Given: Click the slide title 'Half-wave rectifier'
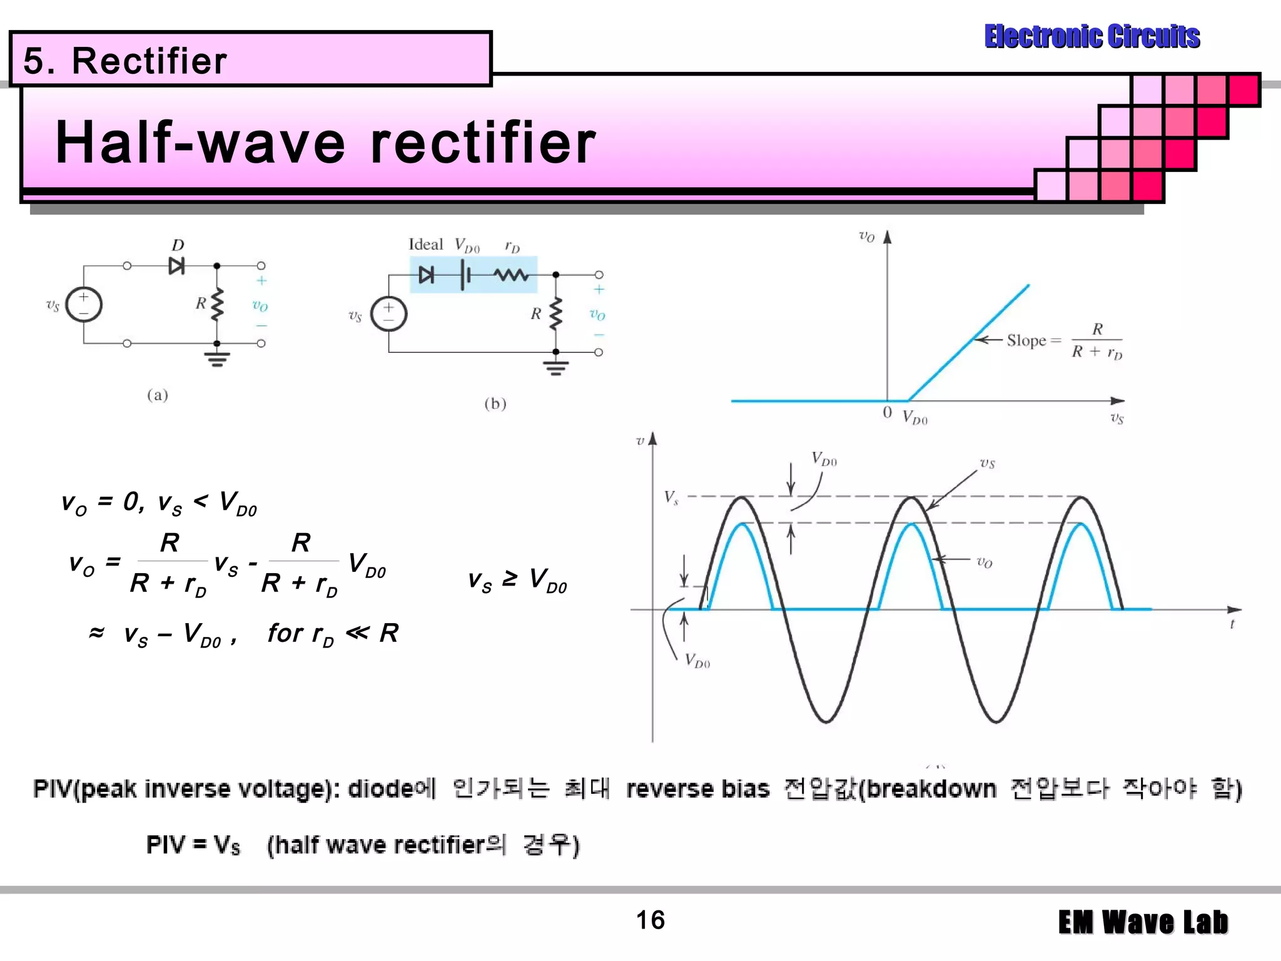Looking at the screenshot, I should (325, 143).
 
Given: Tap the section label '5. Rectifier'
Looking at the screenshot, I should (125, 61).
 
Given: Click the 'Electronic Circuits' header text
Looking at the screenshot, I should (1091, 36).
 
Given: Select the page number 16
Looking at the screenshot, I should (650, 920).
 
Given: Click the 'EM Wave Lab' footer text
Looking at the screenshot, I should (1143, 922).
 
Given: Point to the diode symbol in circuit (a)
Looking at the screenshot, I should (176, 266).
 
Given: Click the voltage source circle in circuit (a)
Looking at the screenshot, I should (84, 305).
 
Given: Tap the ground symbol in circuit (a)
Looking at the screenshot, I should (217, 358).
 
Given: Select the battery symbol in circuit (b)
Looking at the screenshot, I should (465, 275).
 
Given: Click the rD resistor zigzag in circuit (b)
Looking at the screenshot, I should (512, 275).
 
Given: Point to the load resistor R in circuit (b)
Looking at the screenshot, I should (555, 313).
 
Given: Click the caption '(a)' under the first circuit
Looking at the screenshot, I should (158, 395).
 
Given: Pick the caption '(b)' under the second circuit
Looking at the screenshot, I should (495, 404).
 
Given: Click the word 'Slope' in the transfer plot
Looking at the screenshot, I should (1026, 340).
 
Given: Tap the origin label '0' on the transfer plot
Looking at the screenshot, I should (887, 412).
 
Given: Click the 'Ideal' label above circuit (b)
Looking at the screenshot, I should (425, 245).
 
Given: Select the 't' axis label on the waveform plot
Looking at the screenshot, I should (1232, 624).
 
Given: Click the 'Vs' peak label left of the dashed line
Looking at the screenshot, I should (671, 497).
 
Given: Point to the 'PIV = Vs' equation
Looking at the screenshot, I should (193, 845).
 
